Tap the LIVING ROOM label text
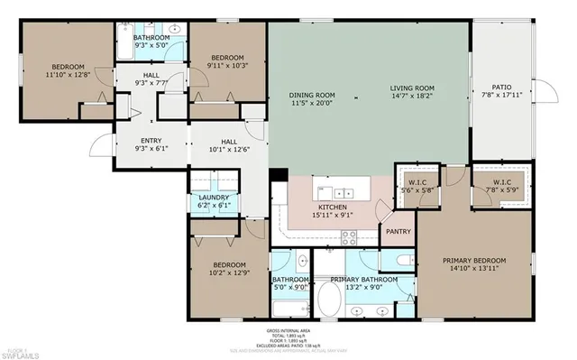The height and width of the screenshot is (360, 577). (x=411, y=88)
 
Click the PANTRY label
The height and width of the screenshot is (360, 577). (x=398, y=232)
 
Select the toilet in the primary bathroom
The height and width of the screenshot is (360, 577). (x=402, y=263)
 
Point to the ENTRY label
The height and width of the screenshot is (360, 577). (x=150, y=142)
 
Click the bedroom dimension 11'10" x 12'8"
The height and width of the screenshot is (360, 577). (x=68, y=76)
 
